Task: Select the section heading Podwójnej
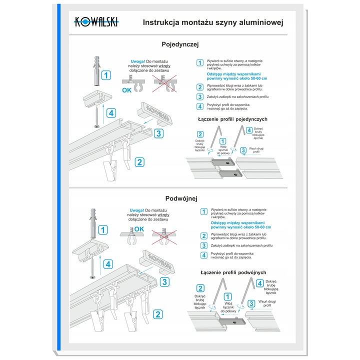click(180, 197)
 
